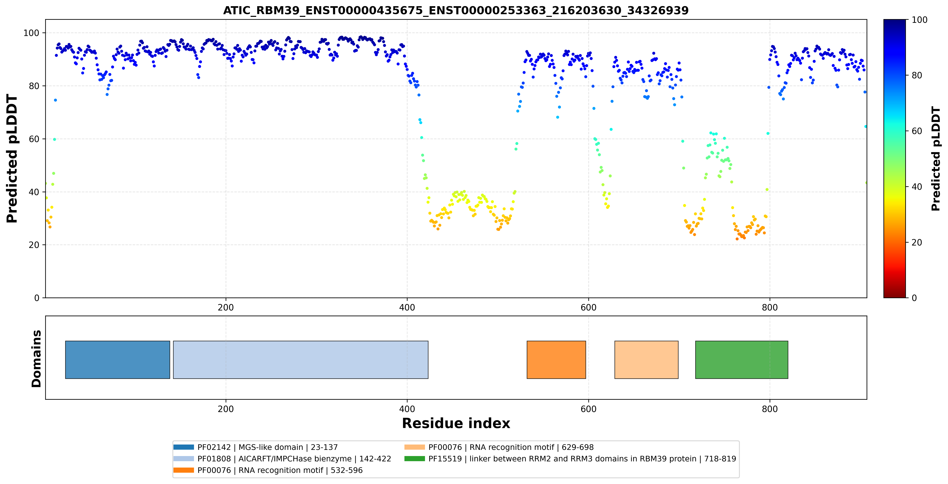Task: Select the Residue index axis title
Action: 456,423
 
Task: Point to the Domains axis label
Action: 36,359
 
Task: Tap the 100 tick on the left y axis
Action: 31,33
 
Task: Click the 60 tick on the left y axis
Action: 34,139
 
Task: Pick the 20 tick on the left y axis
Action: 34,245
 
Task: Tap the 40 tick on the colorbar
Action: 916,187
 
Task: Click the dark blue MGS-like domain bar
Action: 118,360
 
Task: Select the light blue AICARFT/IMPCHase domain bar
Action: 301,360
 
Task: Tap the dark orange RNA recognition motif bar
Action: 556,360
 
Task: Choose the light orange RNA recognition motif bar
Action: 646,360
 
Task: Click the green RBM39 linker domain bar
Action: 741,360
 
